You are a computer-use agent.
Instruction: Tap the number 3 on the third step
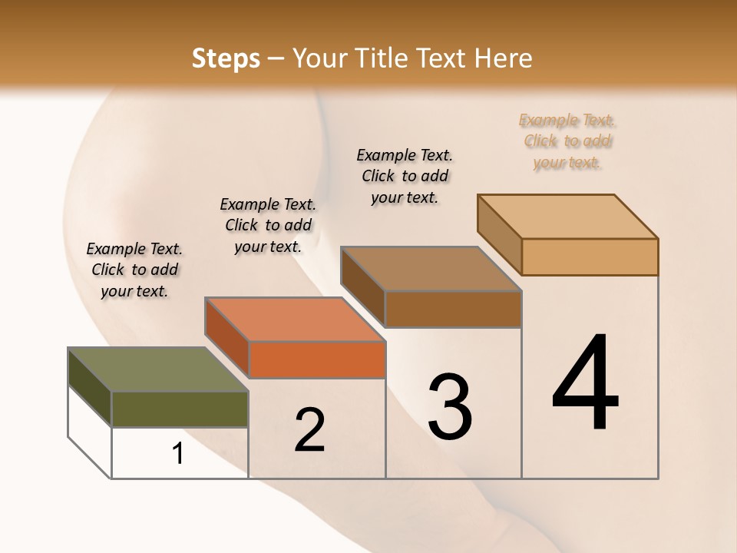pos(450,407)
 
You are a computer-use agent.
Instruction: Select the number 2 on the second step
pos(309,430)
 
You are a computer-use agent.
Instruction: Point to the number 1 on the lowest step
pos(178,454)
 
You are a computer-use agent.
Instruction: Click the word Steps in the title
pos(226,58)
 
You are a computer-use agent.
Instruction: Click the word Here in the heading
pos(504,58)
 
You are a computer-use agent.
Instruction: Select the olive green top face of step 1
pos(157,369)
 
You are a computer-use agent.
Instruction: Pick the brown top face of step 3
pos(431,269)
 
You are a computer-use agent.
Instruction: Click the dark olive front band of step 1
pos(180,409)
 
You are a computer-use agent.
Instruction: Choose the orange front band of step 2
pos(317,359)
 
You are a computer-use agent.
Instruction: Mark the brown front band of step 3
pos(453,309)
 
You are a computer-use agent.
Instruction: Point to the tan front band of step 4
pos(590,257)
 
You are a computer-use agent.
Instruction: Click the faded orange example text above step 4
pos(567,141)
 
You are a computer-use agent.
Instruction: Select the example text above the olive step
pos(134,270)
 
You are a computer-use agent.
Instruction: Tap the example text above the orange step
pos(268,225)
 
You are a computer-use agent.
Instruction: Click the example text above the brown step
pos(405,176)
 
